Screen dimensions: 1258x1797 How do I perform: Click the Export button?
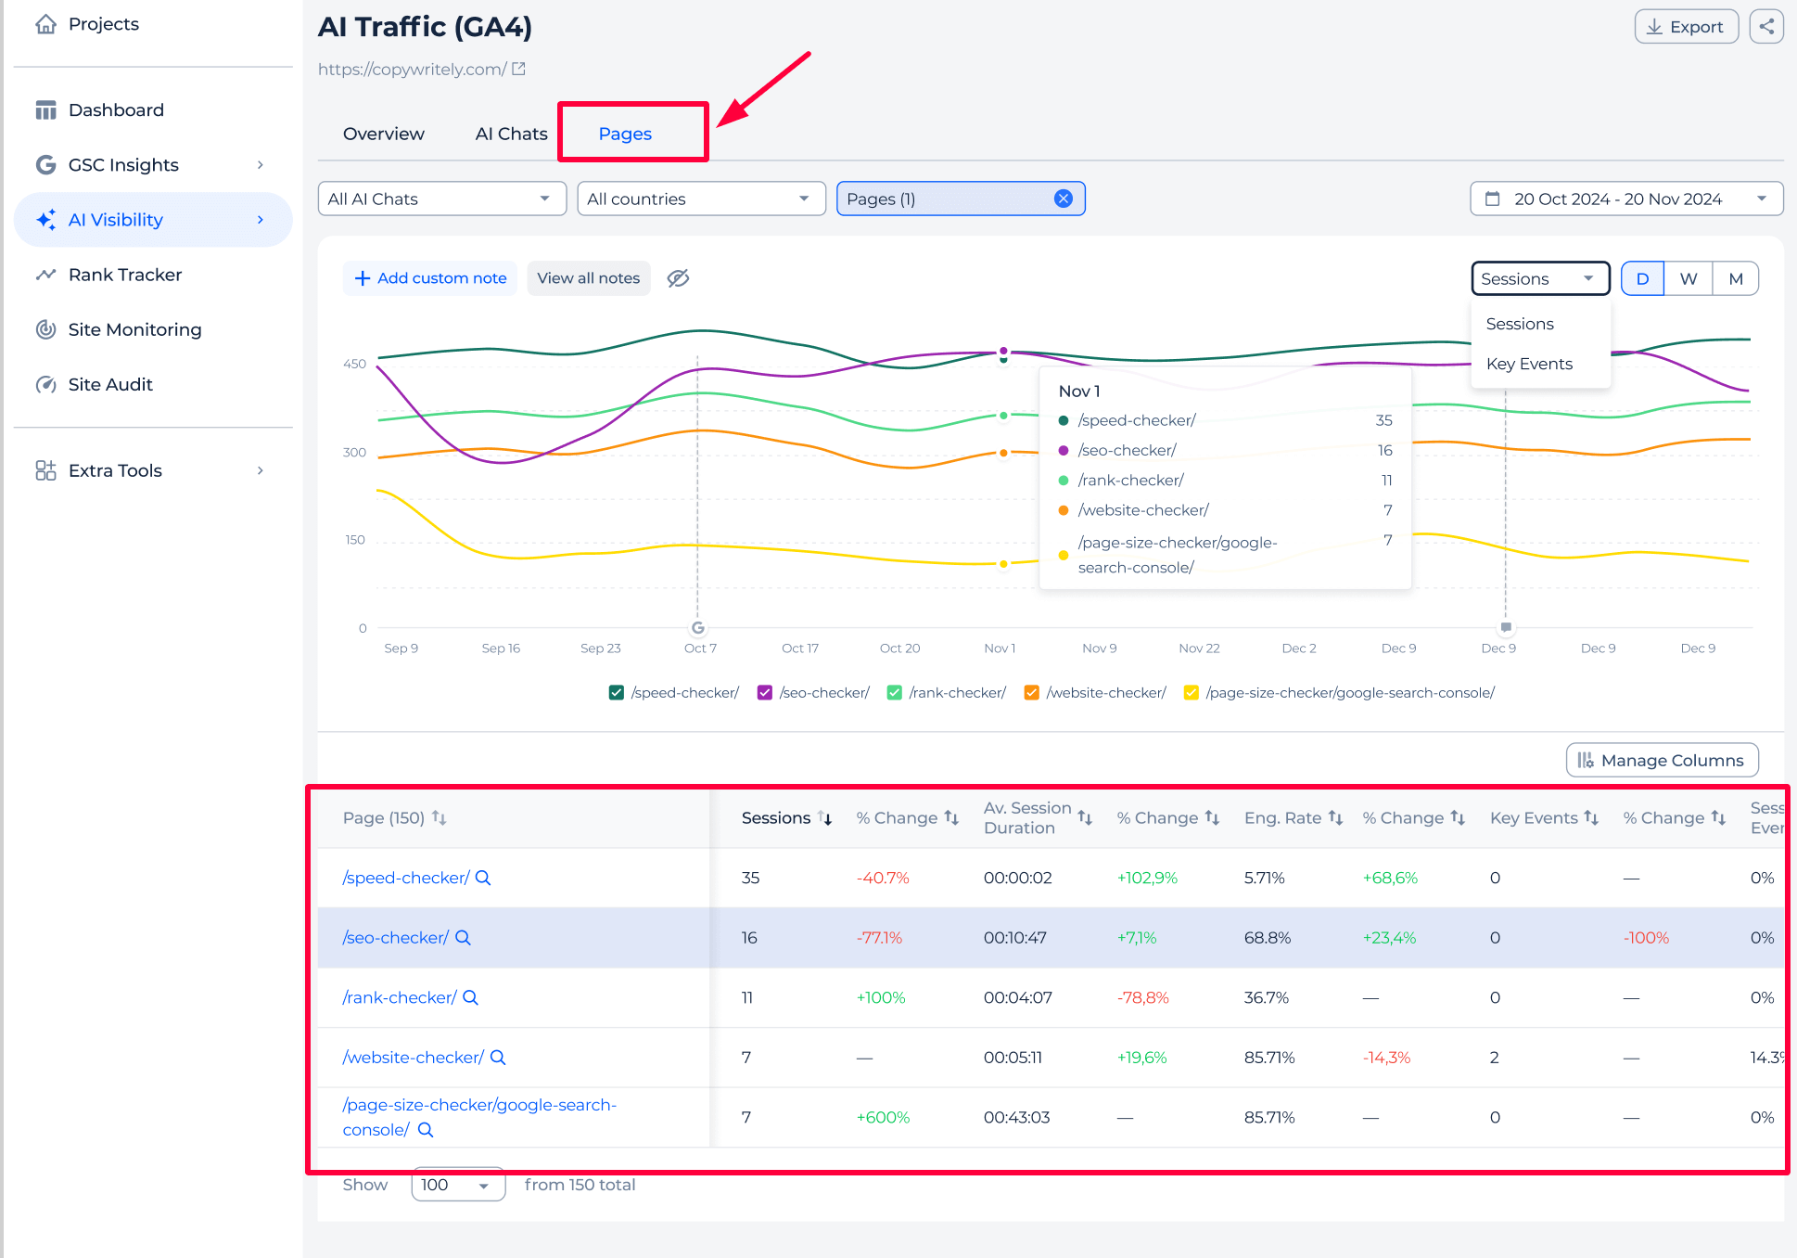pos(1685,27)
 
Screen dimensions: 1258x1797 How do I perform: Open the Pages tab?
pos(625,134)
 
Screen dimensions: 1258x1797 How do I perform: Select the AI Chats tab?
pos(511,134)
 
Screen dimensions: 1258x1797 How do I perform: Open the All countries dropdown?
pos(700,199)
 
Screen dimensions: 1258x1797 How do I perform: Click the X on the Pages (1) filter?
pos(1064,199)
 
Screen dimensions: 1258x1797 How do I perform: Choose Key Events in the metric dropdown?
pos(1528,364)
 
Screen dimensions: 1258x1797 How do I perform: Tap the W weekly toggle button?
pos(1688,278)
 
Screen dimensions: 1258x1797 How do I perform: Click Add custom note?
pos(431,278)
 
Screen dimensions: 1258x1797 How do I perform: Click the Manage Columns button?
pos(1662,760)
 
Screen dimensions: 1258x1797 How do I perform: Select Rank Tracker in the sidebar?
pos(124,275)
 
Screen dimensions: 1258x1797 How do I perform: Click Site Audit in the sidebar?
pos(109,384)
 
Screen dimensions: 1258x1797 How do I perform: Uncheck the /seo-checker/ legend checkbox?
pos(765,693)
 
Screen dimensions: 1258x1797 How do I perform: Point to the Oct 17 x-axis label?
pos(799,648)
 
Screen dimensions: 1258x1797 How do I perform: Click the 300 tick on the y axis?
pos(354,453)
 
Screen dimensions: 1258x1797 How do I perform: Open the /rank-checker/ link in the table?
pos(399,997)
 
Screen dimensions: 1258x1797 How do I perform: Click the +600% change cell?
pos(882,1117)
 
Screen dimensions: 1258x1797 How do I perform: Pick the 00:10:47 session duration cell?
pos(1014,938)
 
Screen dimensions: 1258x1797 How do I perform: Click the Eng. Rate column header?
pos(1282,817)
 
